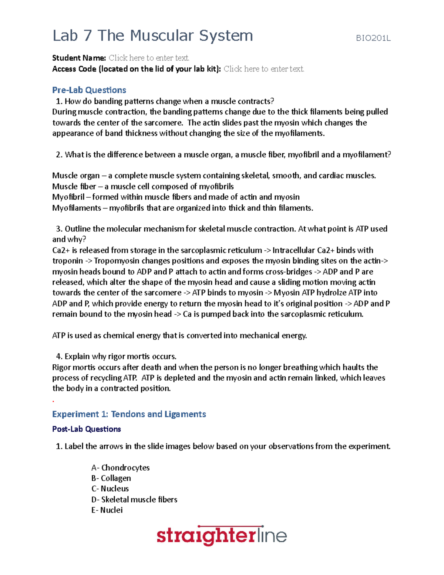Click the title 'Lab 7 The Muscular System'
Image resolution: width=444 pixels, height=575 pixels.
[x=152, y=36]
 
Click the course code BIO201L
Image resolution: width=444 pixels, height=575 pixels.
[x=373, y=38]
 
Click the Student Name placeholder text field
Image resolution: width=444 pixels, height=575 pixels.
[x=149, y=58]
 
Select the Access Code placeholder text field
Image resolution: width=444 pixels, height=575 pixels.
[x=263, y=69]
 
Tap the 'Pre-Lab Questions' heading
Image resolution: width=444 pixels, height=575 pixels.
[x=89, y=90]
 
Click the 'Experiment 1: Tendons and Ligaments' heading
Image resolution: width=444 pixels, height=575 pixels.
[x=129, y=414]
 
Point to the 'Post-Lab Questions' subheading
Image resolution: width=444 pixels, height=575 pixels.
[x=87, y=429]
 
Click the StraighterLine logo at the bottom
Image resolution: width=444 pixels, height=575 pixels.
[x=221, y=535]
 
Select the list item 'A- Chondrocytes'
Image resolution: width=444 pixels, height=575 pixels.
[x=120, y=468]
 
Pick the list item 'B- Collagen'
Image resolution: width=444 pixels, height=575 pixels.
[x=111, y=478]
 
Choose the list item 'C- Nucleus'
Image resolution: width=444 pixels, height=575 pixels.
[x=110, y=489]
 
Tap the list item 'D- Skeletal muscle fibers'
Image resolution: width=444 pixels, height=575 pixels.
[x=134, y=499]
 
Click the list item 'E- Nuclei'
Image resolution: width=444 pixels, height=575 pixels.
[x=107, y=510]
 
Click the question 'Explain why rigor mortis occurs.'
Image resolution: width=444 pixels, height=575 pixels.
[x=116, y=357]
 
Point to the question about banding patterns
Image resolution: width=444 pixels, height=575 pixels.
[x=165, y=101]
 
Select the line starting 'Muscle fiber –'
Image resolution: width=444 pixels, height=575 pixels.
[x=143, y=186]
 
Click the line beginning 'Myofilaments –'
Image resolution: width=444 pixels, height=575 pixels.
[x=182, y=208]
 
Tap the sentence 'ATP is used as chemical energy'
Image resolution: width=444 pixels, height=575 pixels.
[x=179, y=335]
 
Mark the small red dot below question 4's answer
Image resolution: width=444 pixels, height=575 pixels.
[x=53, y=401]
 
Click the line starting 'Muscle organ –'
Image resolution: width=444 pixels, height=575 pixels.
[x=214, y=175]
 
